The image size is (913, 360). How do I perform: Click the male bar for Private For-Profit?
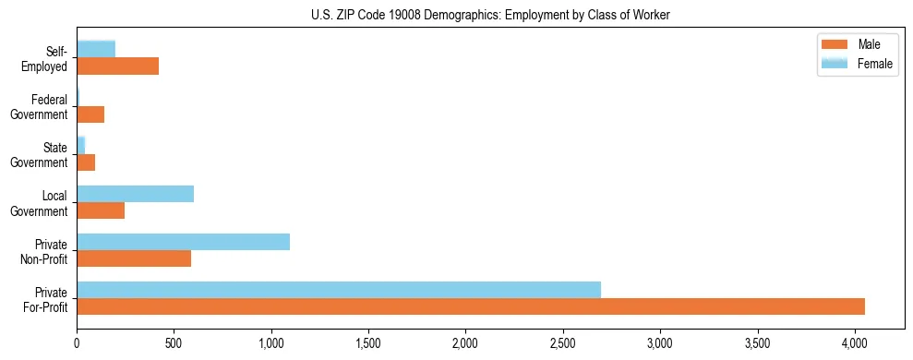[471, 306]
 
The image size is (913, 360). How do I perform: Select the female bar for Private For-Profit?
[339, 290]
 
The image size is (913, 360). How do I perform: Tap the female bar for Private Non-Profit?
[183, 242]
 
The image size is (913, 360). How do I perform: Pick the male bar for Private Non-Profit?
[134, 258]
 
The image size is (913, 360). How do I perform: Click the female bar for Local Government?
[135, 194]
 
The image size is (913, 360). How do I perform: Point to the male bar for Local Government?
[101, 210]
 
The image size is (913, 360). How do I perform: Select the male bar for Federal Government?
[90, 114]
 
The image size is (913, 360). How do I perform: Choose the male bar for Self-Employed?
[117, 66]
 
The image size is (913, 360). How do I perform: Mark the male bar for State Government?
[86, 162]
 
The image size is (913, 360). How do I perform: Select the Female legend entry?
[859, 64]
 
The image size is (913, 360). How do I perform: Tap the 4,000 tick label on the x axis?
[854, 343]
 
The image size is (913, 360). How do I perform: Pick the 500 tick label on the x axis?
[174, 343]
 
